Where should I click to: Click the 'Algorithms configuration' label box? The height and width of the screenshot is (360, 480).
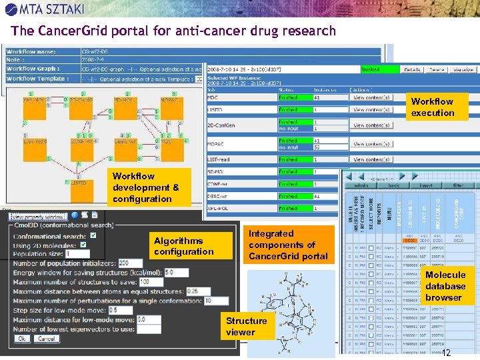coord(183,246)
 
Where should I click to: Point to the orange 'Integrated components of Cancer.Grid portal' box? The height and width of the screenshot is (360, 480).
coord(288,245)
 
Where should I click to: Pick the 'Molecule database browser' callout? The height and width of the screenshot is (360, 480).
coord(445,286)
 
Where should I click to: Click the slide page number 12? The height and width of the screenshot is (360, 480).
coord(447,353)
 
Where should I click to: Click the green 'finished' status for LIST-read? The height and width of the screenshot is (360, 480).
coord(288,160)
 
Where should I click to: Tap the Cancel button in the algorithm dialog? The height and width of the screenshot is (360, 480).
coord(46,339)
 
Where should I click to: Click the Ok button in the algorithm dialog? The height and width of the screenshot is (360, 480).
coord(22,339)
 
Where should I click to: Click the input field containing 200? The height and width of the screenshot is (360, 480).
coord(126,263)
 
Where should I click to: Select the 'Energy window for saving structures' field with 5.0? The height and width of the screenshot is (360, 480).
coord(177,273)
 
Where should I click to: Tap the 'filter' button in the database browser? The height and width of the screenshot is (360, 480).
coord(459,185)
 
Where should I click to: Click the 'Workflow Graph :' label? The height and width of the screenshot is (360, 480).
coord(33,69)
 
